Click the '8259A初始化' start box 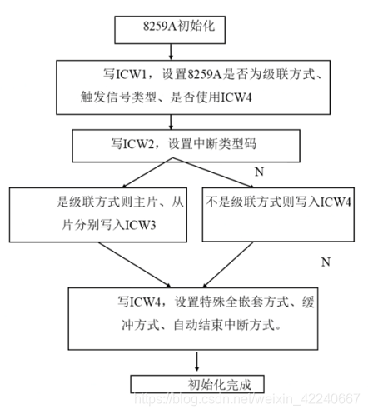170,30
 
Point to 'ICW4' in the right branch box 336,202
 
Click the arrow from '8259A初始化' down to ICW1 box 171,52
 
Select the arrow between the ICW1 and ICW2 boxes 171,122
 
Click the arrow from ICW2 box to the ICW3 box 147,172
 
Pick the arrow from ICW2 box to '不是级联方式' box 213,172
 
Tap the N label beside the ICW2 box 259,172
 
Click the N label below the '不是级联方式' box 326,262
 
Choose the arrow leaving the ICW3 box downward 135,264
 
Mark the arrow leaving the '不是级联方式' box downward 228,265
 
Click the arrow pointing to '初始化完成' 196,362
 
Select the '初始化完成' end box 197,384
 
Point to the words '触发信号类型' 118,97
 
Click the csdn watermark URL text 247,399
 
